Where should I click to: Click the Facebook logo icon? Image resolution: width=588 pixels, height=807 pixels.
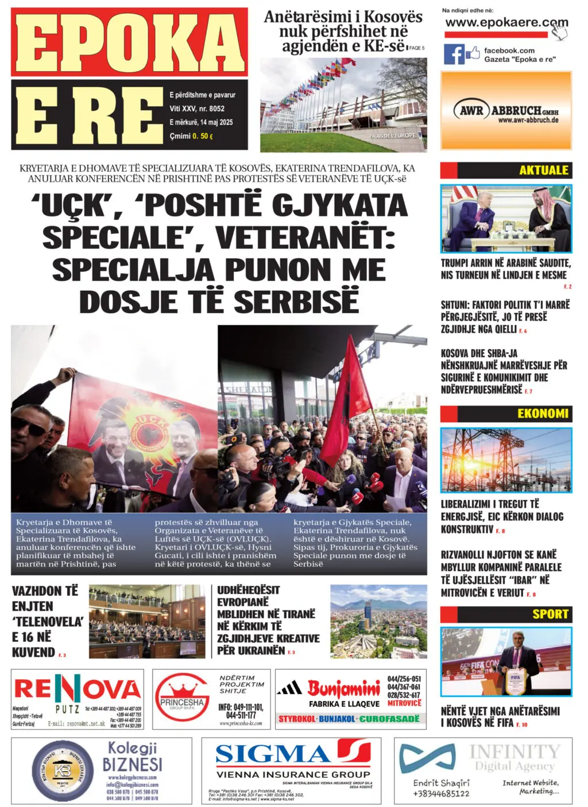454,54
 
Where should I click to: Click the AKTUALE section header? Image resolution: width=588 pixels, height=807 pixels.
543,170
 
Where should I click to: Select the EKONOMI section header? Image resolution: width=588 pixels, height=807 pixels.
543,414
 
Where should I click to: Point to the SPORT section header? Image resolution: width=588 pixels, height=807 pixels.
550,614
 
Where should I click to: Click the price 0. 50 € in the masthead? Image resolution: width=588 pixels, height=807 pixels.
203,136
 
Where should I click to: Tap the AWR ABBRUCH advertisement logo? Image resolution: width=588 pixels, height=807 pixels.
506,110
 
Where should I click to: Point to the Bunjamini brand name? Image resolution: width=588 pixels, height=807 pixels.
343,688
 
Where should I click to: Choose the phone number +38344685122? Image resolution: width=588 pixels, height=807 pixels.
441,794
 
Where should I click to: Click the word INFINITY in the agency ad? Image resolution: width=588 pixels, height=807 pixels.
514,751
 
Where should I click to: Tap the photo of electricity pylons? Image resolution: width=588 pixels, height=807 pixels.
506,460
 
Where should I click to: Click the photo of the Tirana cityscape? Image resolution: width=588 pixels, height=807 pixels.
378,621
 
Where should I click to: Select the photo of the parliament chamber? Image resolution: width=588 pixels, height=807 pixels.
147,621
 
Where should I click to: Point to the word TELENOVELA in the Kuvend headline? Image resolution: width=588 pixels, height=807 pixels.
48,622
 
